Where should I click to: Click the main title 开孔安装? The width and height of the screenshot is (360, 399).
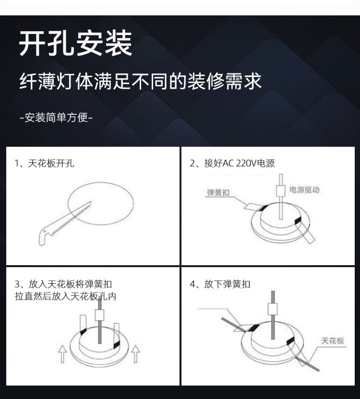click(75, 44)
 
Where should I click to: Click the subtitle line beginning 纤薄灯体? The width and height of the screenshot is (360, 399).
click(141, 81)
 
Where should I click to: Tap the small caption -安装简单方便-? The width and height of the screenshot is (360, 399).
click(56, 117)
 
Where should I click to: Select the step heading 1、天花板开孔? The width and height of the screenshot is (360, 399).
click(44, 164)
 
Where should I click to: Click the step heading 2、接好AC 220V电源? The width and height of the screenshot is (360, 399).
click(232, 164)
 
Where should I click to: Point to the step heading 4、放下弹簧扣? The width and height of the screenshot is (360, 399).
click(220, 284)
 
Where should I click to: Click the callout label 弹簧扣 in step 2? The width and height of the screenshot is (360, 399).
click(218, 193)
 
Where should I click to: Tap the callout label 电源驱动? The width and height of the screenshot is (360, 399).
click(304, 190)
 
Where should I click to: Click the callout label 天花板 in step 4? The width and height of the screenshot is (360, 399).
click(333, 341)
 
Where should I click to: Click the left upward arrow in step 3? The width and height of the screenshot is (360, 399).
click(62, 353)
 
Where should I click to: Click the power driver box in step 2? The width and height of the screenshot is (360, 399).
click(281, 191)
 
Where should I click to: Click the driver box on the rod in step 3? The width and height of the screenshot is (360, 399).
click(100, 315)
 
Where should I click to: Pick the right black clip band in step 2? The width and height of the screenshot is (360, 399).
click(298, 221)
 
